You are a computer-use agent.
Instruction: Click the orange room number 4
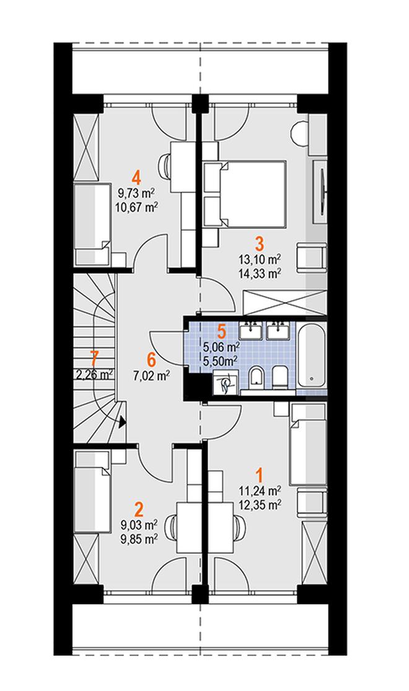click(136, 179)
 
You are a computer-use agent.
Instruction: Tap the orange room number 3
click(260, 243)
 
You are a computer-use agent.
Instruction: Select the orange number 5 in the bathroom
click(221, 331)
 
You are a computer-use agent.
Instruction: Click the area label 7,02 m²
click(151, 376)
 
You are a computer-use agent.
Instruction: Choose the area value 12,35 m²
click(260, 504)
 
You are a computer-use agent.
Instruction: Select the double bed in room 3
click(244, 194)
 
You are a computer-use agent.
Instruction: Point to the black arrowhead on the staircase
click(122, 422)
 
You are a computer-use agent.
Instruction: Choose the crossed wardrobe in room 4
click(86, 147)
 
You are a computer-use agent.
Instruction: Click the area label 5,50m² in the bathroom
click(221, 359)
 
